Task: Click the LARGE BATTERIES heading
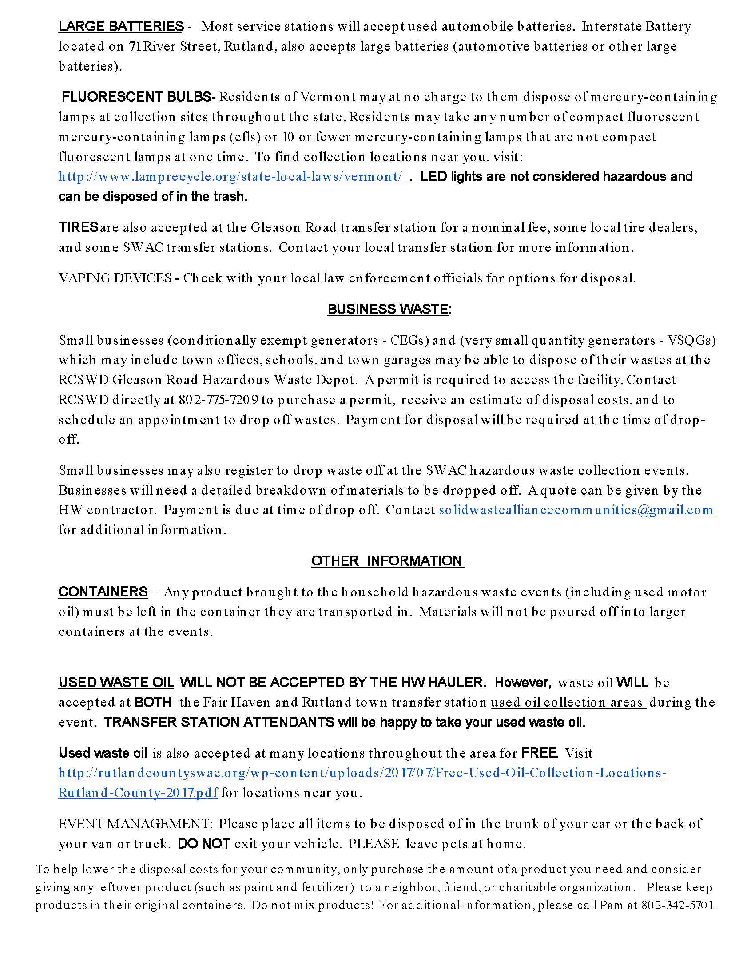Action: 121,26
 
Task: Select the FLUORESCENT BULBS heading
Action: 136,97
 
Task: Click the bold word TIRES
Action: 78,227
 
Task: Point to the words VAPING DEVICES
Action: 115,278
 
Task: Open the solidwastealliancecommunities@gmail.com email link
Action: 576,510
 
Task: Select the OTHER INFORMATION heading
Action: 388,561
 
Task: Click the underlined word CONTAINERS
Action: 103,592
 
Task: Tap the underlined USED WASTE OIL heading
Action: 116,682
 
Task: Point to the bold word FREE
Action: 540,753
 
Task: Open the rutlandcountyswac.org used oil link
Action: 362,773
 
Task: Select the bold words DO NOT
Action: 203,844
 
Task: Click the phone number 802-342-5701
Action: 678,905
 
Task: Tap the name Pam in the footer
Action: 611,905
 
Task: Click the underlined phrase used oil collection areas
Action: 568,703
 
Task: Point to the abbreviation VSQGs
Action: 691,341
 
